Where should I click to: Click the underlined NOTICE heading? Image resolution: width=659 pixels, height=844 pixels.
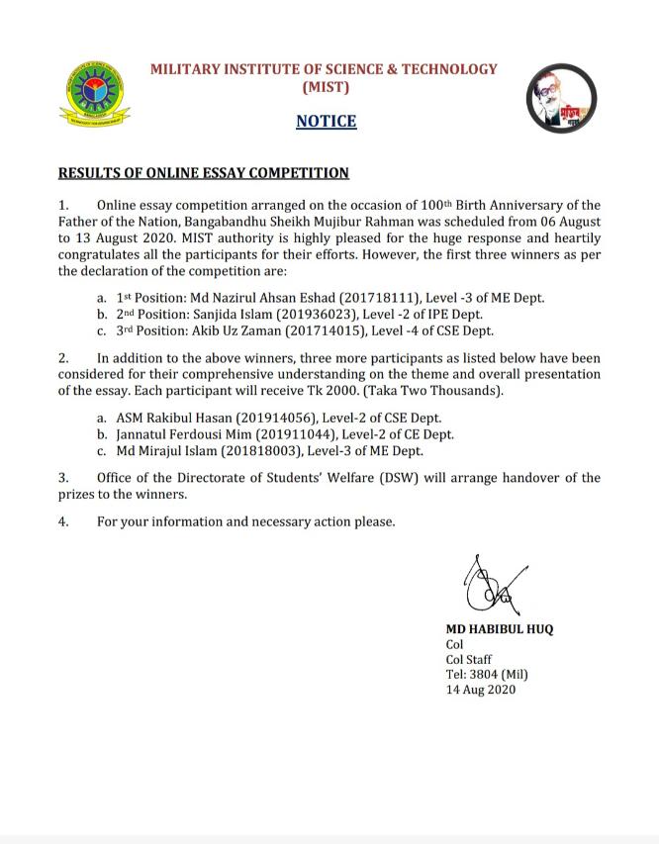(326, 122)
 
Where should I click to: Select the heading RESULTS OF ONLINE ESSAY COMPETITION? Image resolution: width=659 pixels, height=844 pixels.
(204, 173)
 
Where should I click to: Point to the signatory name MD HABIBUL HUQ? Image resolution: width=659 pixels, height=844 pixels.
(499, 629)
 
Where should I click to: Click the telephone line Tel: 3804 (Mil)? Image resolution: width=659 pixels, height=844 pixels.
(487, 675)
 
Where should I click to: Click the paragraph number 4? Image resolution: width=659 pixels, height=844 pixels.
(63, 521)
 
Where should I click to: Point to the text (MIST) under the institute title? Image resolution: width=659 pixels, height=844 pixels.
(325, 87)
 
